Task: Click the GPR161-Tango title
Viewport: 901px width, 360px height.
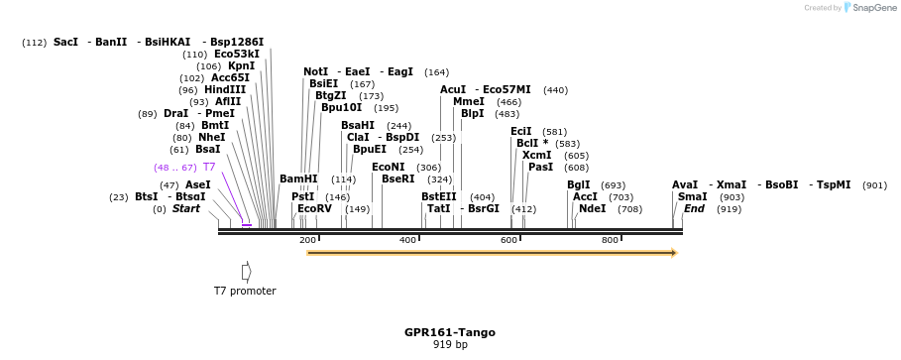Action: (449, 332)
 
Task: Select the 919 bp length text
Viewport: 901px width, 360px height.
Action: (449, 345)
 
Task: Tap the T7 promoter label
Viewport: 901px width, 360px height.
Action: (245, 291)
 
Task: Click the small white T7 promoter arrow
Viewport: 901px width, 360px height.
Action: (247, 271)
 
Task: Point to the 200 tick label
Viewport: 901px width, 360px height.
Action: (307, 241)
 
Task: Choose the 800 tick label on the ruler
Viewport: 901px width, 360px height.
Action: (611, 241)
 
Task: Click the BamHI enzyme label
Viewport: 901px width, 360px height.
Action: (298, 180)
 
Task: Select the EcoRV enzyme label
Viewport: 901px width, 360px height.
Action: (314, 209)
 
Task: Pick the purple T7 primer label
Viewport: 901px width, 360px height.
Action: (209, 167)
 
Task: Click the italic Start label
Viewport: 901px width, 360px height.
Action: (186, 209)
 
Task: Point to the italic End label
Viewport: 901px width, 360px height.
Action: (694, 209)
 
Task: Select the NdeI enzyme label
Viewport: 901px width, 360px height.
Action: (592, 209)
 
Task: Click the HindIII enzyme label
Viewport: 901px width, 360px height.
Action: (225, 89)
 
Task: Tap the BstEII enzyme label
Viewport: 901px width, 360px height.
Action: (438, 196)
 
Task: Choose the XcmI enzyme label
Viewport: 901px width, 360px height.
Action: (536, 155)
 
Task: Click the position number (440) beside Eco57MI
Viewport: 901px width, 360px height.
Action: (555, 90)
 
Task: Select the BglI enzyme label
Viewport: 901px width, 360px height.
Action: (578, 184)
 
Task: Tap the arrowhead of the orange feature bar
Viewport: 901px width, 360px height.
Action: (674, 253)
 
